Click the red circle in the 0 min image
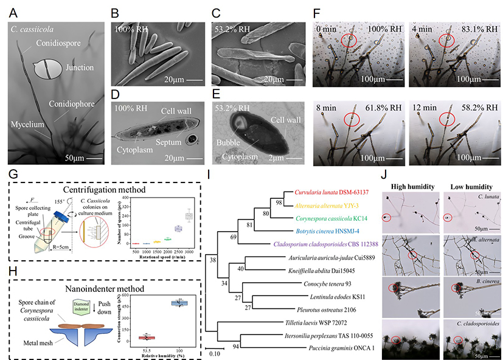coord(349,41)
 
